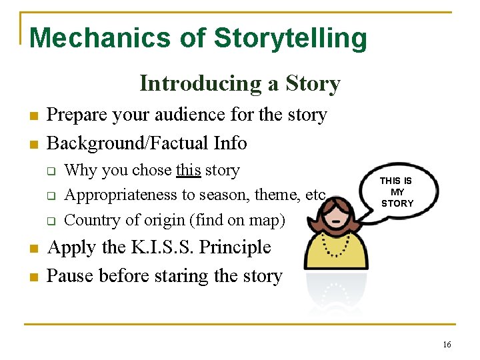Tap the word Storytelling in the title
[x=291, y=38]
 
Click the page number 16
[x=446, y=344]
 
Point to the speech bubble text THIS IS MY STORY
[x=397, y=192]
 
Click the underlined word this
[x=189, y=171]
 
